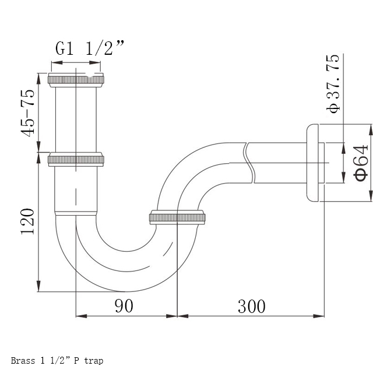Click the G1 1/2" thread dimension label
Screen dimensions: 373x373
coord(90,48)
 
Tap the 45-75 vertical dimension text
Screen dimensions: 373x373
coord(27,113)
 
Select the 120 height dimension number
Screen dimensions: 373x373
coord(27,221)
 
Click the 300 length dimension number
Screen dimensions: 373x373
coord(251,307)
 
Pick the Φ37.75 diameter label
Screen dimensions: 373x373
coord(333,83)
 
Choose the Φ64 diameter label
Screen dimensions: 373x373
coord(361,163)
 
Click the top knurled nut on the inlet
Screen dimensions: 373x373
coord(76,80)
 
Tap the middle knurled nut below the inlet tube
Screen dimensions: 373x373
coord(76,160)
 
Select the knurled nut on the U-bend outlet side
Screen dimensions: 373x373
coord(177,217)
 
